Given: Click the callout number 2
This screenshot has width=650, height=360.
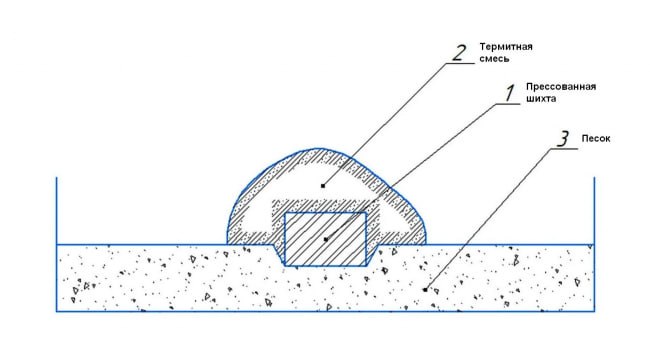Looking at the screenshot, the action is (459, 53).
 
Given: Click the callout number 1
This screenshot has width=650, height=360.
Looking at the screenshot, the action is (509, 93).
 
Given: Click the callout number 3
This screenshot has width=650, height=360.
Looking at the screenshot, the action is (563, 139).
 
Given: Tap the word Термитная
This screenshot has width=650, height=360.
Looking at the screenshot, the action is (506, 46).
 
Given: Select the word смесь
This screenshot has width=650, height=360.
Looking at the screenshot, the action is (494, 58).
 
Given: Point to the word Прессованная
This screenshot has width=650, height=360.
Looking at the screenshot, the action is (561, 87).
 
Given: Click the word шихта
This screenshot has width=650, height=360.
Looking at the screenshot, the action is (541, 99).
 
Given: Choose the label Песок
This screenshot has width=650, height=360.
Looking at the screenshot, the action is (596, 139).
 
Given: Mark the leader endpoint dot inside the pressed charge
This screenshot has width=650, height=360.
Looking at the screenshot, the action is (326, 239).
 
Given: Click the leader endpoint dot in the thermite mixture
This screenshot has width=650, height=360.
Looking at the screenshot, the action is (323, 186).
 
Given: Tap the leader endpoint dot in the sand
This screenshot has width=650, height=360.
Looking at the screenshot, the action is (425, 289).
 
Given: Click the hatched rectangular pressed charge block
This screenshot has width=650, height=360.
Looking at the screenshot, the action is (325, 239).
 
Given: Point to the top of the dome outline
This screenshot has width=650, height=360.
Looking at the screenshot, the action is (318, 148).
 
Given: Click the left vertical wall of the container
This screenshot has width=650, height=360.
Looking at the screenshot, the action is (56, 244).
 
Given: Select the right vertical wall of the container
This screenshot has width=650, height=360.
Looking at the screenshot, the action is (594, 244).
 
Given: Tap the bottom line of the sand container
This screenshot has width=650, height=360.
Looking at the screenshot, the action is (325, 311).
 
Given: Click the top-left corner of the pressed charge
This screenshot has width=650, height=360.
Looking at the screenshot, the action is (285, 213).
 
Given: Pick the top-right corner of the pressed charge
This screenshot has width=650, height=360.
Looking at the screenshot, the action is (366, 213).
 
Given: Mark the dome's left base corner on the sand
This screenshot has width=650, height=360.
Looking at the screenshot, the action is (227, 244).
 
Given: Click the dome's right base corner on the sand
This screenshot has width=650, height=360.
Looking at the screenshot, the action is (426, 244).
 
